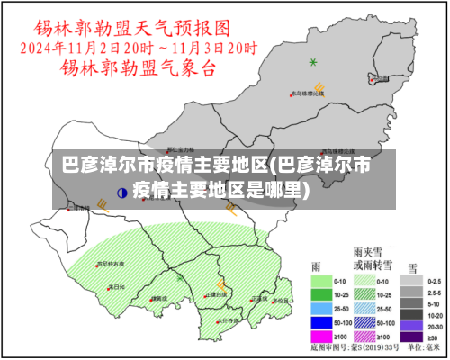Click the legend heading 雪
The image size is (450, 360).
click(x=412, y=267)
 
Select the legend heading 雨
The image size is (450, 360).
click(x=316, y=267)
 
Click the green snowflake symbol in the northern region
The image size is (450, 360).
click(x=313, y=62)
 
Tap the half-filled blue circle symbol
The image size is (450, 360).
click(x=122, y=192)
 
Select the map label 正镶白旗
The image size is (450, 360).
click(x=216, y=293)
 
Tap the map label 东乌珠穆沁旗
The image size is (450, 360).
click(x=306, y=93)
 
